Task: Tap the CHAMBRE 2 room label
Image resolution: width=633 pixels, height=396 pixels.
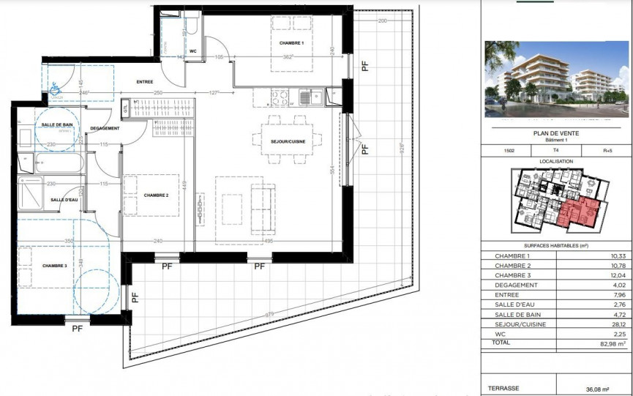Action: [156, 195]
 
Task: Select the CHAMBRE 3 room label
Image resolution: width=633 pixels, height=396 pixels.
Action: [54, 266]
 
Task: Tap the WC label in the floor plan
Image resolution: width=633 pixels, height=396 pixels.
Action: [193, 51]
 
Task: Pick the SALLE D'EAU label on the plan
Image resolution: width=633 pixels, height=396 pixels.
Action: [64, 200]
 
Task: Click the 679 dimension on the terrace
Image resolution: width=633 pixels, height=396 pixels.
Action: [271, 315]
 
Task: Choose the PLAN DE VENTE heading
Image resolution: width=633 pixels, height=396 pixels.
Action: [556, 132]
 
